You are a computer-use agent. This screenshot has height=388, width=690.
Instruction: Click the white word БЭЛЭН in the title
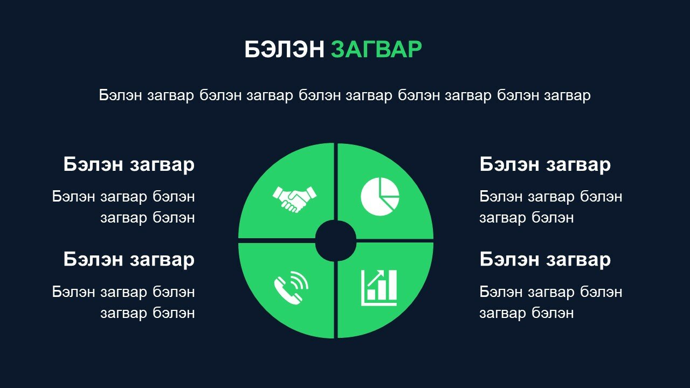click(284, 49)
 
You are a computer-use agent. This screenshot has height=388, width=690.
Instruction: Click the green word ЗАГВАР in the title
click(376, 49)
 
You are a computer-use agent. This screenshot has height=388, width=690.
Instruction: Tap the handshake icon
click(294, 199)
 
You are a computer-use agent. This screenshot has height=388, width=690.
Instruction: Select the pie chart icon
click(380, 197)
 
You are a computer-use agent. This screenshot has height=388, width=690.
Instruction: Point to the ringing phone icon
click(291, 288)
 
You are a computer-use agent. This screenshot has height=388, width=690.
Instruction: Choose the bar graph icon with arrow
click(379, 288)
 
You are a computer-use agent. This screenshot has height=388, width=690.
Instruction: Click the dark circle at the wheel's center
click(336, 241)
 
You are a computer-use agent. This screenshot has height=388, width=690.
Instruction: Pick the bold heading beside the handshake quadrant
click(129, 164)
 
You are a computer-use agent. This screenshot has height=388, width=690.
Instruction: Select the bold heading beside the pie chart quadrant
click(545, 164)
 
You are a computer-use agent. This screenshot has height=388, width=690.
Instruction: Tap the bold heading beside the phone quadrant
click(129, 259)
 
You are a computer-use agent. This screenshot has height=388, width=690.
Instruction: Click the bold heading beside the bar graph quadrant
click(545, 259)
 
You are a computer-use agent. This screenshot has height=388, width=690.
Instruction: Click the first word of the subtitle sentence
click(120, 95)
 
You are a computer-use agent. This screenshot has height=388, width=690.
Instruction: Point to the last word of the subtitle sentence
click(567, 96)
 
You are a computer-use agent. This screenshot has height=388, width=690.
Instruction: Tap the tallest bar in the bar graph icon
click(392, 285)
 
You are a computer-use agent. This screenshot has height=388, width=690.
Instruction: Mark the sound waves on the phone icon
click(299, 282)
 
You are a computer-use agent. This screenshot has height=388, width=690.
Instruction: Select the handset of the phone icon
click(286, 292)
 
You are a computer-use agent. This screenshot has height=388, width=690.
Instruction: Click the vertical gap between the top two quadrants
click(336, 182)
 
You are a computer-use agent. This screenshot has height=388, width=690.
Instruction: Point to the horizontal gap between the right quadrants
click(395, 241)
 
